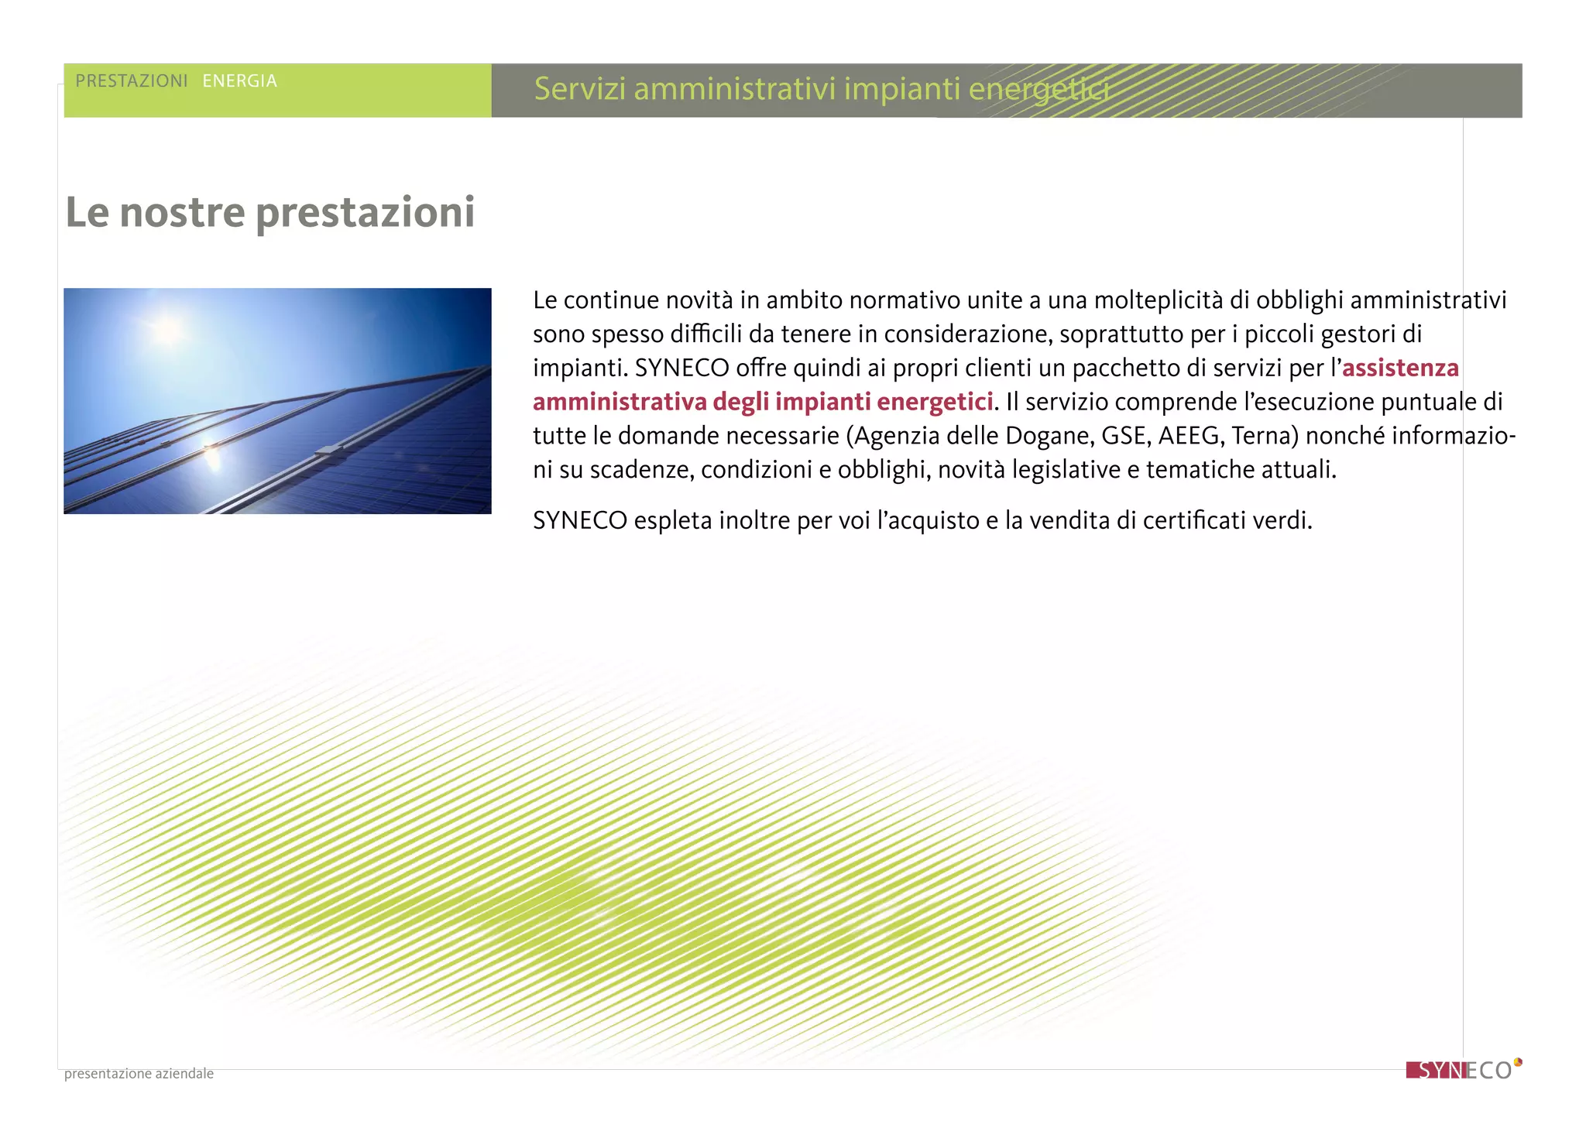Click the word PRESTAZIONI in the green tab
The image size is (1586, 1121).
pyautogui.click(x=132, y=81)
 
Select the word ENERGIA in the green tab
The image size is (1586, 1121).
pyautogui.click(x=239, y=81)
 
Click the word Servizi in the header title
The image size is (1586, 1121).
pyautogui.click(x=580, y=89)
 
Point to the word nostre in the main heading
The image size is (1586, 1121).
pyautogui.click(x=182, y=212)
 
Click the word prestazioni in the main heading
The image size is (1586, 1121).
pyautogui.click(x=365, y=213)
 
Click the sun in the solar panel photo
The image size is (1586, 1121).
pyautogui.click(x=167, y=330)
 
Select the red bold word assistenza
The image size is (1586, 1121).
pyautogui.click(x=1400, y=368)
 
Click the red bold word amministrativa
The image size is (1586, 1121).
pyautogui.click(x=620, y=402)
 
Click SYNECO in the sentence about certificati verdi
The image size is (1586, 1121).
pyautogui.click(x=579, y=520)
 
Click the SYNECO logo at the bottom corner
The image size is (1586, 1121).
pyautogui.click(x=1462, y=1070)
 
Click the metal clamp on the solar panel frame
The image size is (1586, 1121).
pyautogui.click(x=328, y=451)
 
